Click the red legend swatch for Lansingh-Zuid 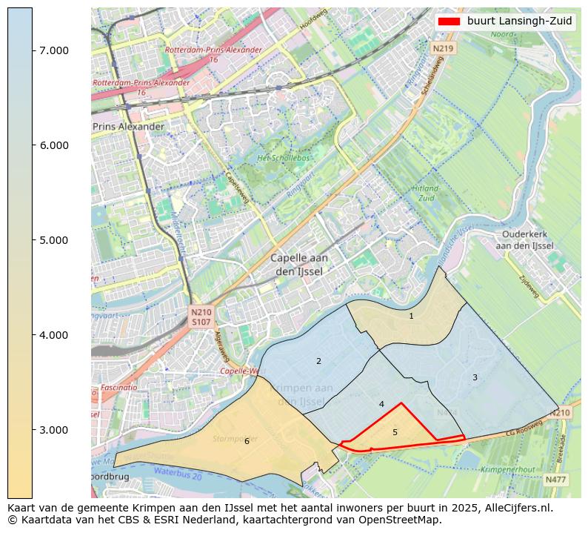pyautogui.click(x=449, y=21)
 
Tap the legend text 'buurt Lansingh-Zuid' pyautogui.click(x=519, y=21)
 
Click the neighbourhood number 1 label pyautogui.click(x=411, y=317)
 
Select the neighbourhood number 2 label pyautogui.click(x=318, y=362)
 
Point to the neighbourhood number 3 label pyautogui.click(x=475, y=378)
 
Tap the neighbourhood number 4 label pyautogui.click(x=381, y=405)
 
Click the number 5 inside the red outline pyautogui.click(x=395, y=432)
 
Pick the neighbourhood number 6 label pyautogui.click(x=247, y=442)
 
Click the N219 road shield pyautogui.click(x=442, y=48)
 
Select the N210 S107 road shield pyautogui.click(x=201, y=317)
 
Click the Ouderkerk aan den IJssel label pyautogui.click(x=524, y=239)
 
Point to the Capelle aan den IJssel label pyautogui.click(x=299, y=265)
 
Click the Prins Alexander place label pyautogui.click(x=128, y=127)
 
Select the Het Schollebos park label pyautogui.click(x=281, y=159)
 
